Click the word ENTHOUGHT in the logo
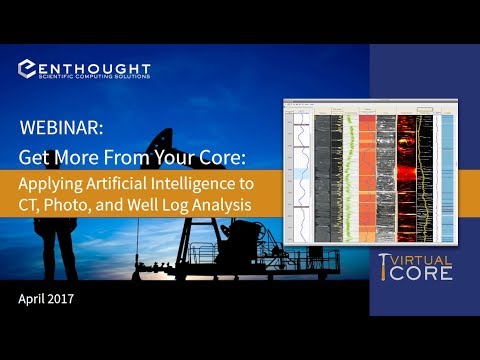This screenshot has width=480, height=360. (x=97, y=67)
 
